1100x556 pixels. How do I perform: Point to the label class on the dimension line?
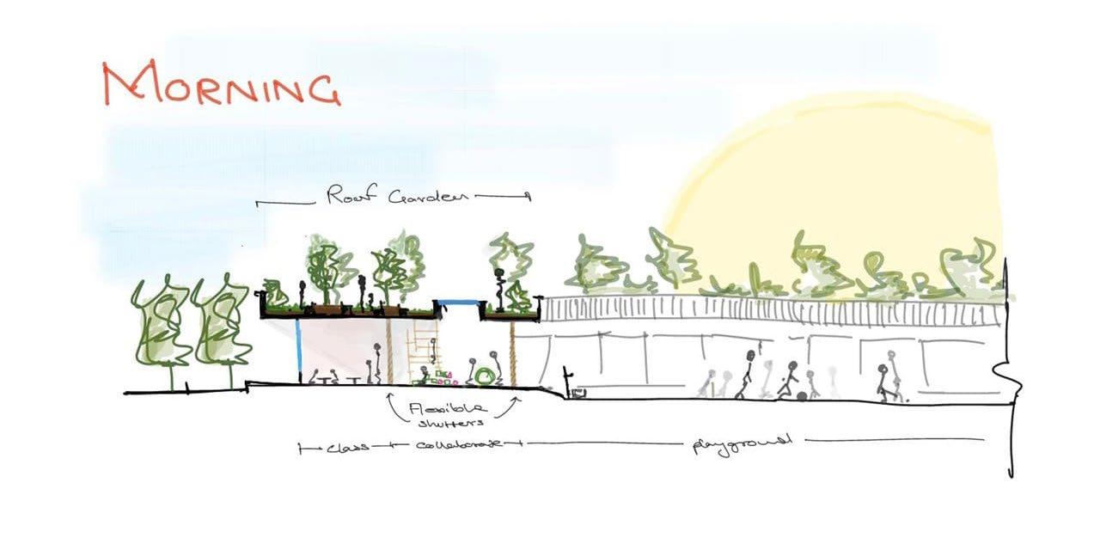(x=347, y=447)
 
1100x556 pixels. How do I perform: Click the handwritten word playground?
(x=742, y=443)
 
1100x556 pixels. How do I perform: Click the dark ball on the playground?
(x=801, y=396)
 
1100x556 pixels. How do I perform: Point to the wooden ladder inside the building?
(x=424, y=348)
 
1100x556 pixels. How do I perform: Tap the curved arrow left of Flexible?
(x=394, y=408)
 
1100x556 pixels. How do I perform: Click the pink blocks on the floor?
(x=443, y=376)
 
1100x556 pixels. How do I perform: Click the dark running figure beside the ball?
(x=787, y=381)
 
